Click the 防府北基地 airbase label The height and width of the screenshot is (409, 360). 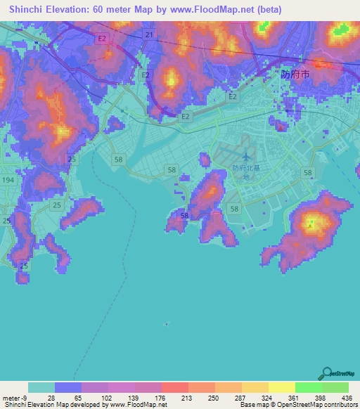pos(240,172)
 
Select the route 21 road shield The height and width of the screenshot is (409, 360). pos(148,34)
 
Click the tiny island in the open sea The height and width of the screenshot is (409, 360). pos(166,324)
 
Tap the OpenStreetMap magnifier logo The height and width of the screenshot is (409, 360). pos(327,373)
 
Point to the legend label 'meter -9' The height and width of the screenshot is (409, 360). pos(15,398)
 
